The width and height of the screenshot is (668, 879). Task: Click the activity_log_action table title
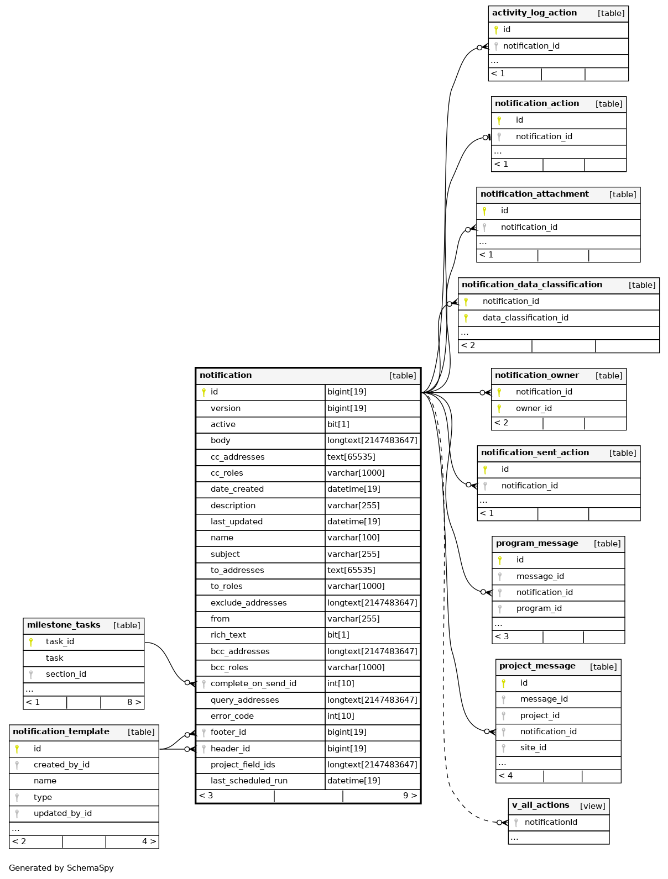[534, 13]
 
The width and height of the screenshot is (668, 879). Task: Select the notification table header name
[226, 376]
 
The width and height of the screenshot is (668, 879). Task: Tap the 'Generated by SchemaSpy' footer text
[61, 868]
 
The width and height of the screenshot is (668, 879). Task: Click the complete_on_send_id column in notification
[253, 684]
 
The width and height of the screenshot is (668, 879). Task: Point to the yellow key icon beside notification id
[203, 392]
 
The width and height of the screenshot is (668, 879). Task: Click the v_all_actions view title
[540, 806]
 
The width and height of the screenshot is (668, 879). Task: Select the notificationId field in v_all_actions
[551, 823]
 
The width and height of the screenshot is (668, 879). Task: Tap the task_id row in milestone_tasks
[60, 642]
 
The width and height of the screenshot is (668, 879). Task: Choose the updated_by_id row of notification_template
[62, 814]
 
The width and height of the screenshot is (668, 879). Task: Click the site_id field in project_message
[533, 748]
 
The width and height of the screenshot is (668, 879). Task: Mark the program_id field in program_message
[539, 609]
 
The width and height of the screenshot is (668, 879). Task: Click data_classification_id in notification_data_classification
[525, 318]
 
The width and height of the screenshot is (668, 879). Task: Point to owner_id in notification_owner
[534, 409]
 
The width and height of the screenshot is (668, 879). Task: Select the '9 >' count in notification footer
[410, 796]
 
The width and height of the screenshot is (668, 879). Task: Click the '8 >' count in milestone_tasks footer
[134, 703]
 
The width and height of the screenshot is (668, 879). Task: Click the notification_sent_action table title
[535, 453]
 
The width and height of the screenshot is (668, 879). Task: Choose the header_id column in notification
[230, 749]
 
